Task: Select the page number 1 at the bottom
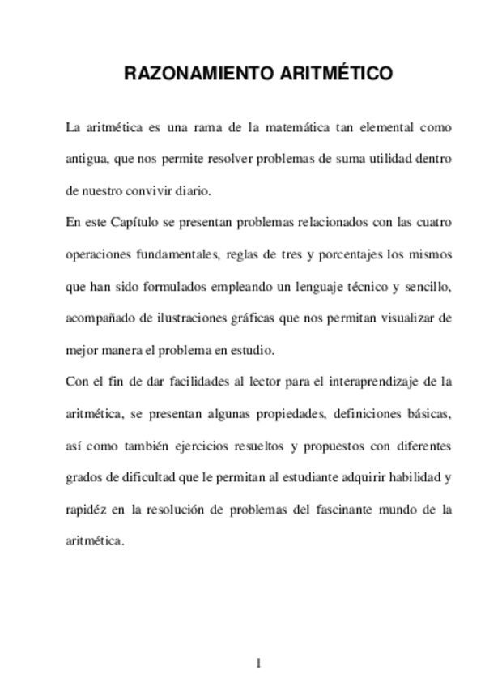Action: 257,663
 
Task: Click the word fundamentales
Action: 171,254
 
